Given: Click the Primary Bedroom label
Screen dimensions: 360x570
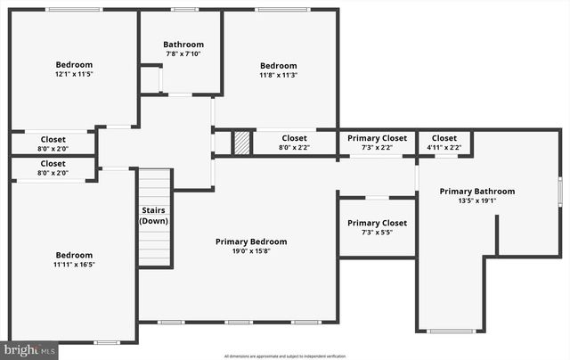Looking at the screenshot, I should pos(251,241).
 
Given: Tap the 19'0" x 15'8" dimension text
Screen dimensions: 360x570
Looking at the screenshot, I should pos(251,252).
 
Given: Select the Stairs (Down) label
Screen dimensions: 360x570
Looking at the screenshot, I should pos(154,216).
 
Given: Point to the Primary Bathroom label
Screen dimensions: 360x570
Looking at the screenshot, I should pos(476,191).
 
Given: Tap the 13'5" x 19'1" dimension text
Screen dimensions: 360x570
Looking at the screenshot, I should pos(476,201).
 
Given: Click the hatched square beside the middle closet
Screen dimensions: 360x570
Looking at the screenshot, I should pos(241,143).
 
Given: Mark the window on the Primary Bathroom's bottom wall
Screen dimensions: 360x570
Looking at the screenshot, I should pos(451,331).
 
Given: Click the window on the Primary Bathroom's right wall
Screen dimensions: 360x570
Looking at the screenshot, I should pos(559,191).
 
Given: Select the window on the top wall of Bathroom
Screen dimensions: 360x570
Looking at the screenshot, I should pos(184,10).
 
